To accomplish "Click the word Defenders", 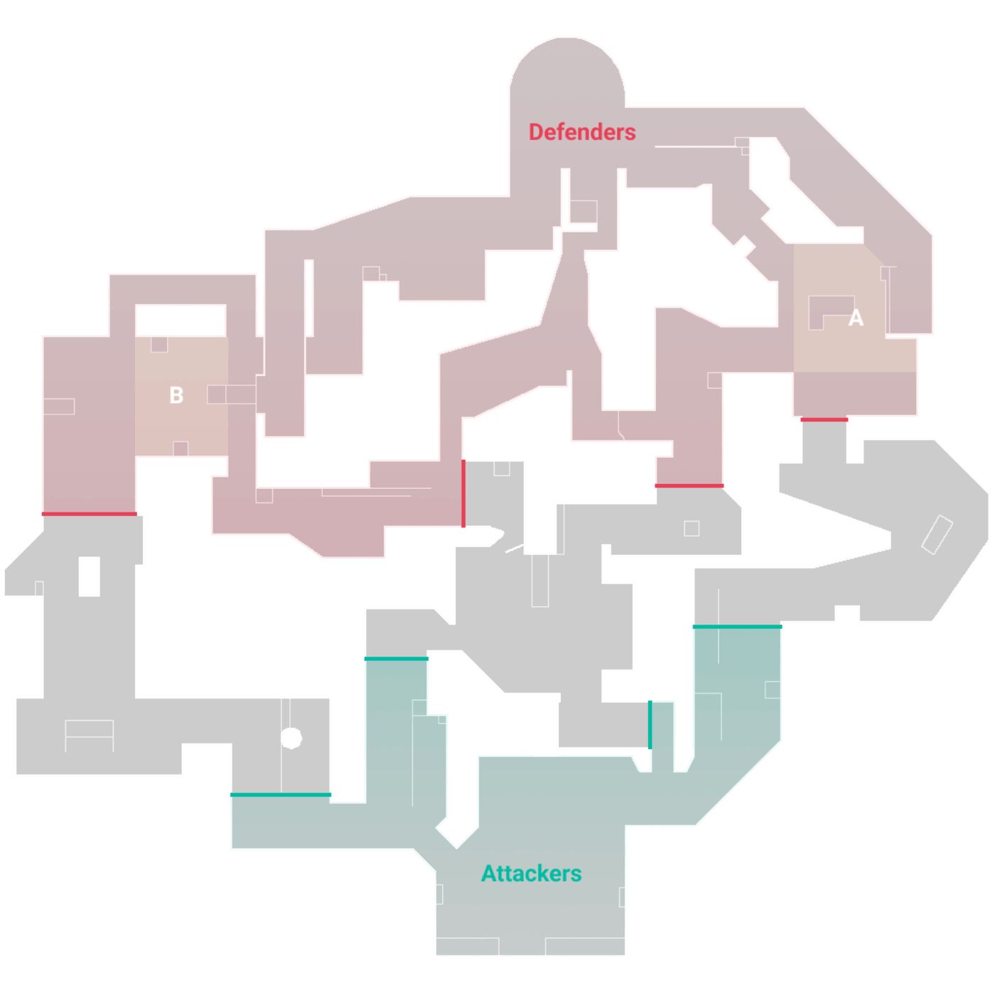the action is pos(582,132).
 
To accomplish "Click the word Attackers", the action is pos(532,873).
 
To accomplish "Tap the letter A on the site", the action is pos(856,318).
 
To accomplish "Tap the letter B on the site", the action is pos(176,395).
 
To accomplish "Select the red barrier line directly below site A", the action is pos(824,419).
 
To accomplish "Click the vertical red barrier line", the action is pos(463,493).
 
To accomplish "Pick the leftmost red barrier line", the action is pos(90,514).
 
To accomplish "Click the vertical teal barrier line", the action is pos(650,724).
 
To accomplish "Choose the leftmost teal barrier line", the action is pos(280,795).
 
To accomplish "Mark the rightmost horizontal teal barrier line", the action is pos(737,627).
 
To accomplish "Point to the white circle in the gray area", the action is pos(291,738).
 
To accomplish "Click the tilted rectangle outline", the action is pos(937,535).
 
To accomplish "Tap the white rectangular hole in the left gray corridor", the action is pos(90,576).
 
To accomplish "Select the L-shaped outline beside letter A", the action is pos(830,313).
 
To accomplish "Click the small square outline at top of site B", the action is pos(159,345).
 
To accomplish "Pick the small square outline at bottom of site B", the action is pos(181,448).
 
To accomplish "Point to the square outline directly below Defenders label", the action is pos(583,211).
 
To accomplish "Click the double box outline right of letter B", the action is pos(231,394).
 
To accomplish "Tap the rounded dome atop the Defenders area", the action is pos(567,67).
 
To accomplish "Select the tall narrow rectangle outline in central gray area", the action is pos(540,581).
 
